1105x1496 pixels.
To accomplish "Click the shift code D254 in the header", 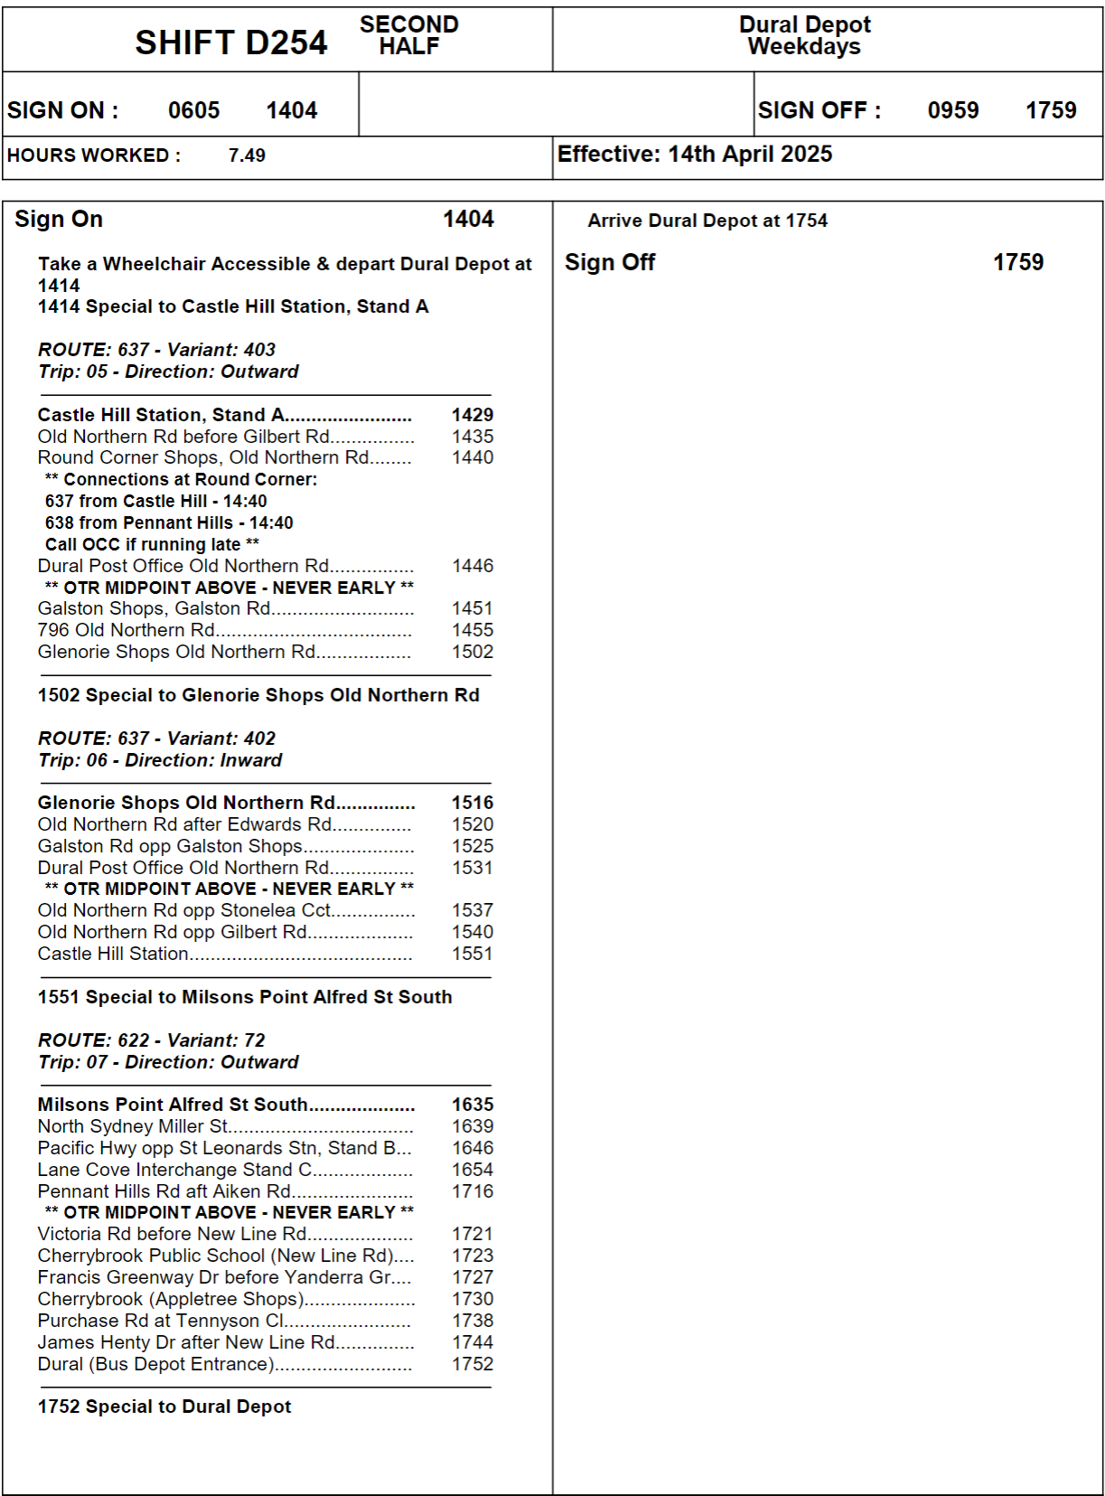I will click(231, 42).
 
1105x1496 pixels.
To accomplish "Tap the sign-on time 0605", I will click(193, 110).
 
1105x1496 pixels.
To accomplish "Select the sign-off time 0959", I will click(952, 110).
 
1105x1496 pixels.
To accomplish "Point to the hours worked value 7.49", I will click(247, 155).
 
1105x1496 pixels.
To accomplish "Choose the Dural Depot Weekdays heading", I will click(804, 36).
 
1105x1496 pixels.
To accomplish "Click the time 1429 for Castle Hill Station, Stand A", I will click(473, 415).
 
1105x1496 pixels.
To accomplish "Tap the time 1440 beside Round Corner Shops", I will click(473, 457).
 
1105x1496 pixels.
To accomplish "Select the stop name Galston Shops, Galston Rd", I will click(154, 608).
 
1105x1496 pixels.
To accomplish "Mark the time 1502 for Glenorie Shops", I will click(473, 652).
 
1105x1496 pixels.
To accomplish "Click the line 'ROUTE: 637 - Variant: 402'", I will click(156, 739).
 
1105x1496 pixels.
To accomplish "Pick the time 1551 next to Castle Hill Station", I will click(473, 954).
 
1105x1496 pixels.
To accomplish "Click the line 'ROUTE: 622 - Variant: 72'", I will click(151, 1040).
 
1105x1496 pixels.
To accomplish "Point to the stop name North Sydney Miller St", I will click(133, 1126).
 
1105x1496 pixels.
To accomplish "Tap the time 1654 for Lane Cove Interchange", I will click(473, 1170).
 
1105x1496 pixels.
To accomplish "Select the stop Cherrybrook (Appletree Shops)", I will click(171, 1299).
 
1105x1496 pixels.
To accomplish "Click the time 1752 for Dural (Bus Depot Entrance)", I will click(473, 1364).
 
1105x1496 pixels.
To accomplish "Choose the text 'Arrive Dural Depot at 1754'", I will click(707, 221).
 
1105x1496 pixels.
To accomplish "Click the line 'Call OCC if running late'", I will click(152, 544).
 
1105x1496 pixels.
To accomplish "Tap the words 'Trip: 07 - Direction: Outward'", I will click(168, 1062).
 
